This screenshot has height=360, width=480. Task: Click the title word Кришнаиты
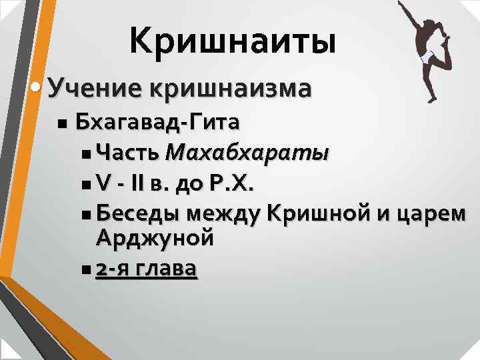pyautogui.click(x=233, y=41)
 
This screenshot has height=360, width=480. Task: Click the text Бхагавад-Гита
pyautogui.click(x=159, y=123)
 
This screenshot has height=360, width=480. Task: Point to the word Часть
pyautogui.click(x=127, y=153)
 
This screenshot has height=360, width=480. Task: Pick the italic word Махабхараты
pyautogui.click(x=247, y=153)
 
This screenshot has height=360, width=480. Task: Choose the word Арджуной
pyautogui.click(x=155, y=237)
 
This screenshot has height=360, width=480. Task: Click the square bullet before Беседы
pyautogui.click(x=89, y=215)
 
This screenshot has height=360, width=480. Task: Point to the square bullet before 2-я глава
pyautogui.click(x=89, y=269)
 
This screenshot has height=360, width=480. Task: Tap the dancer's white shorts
pyautogui.click(x=425, y=56)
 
